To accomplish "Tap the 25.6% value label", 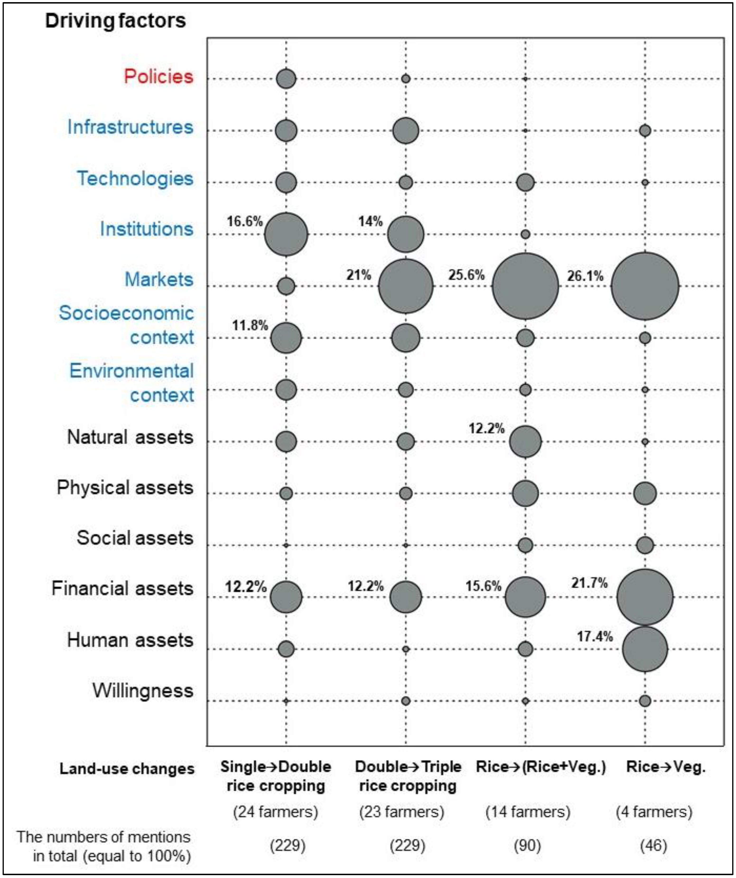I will pyautogui.click(x=466, y=275).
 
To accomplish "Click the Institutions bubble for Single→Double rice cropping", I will pyautogui.click(x=286, y=234).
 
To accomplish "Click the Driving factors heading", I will pyautogui.click(x=115, y=20).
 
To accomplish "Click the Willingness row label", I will pyautogui.click(x=143, y=691).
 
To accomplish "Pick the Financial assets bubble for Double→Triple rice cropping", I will pyautogui.click(x=405, y=597).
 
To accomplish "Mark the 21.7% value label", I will pyautogui.click(x=589, y=583).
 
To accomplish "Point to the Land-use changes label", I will pyautogui.click(x=127, y=769).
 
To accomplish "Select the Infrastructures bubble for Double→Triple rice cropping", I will pyautogui.click(x=405, y=131).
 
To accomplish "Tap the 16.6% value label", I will pyautogui.click(x=244, y=221).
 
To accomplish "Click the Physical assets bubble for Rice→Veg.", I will pyautogui.click(x=645, y=493).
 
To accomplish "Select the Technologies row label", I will pyautogui.click(x=135, y=178).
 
